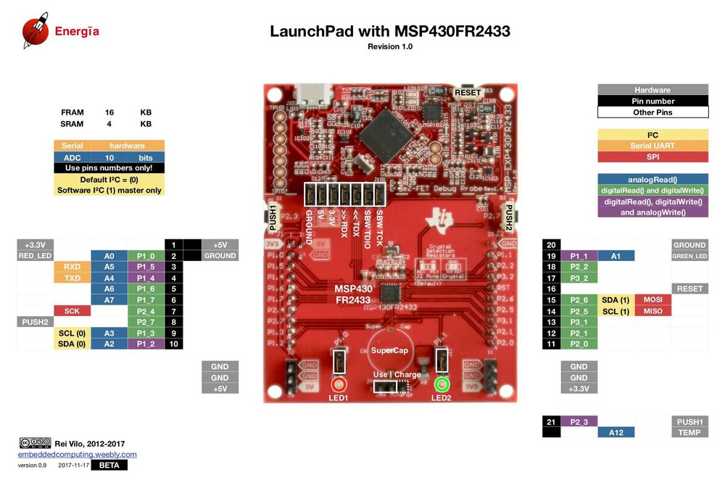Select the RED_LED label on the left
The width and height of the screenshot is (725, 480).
[x=36, y=256]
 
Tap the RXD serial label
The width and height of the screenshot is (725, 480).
[x=72, y=267]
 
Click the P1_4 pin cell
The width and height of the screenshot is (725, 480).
[x=146, y=278]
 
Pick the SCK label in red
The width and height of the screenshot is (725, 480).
[x=72, y=310]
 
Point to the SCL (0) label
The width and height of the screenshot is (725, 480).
[x=72, y=333]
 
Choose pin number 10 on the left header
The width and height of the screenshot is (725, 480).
[x=173, y=344]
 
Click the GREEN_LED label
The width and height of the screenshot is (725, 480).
[x=689, y=256]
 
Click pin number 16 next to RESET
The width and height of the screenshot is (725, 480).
[x=552, y=289]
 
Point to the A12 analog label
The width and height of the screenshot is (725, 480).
[x=616, y=432]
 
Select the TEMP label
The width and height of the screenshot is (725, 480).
[x=689, y=432]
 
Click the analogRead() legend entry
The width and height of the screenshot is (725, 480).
[x=652, y=179]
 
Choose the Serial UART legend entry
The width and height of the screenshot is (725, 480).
[x=652, y=146]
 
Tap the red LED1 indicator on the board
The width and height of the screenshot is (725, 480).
[x=339, y=385]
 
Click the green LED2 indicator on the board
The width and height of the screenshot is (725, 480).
[x=442, y=385]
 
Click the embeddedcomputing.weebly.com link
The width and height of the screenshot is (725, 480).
[x=77, y=455]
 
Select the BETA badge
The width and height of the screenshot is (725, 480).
[x=109, y=465]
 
